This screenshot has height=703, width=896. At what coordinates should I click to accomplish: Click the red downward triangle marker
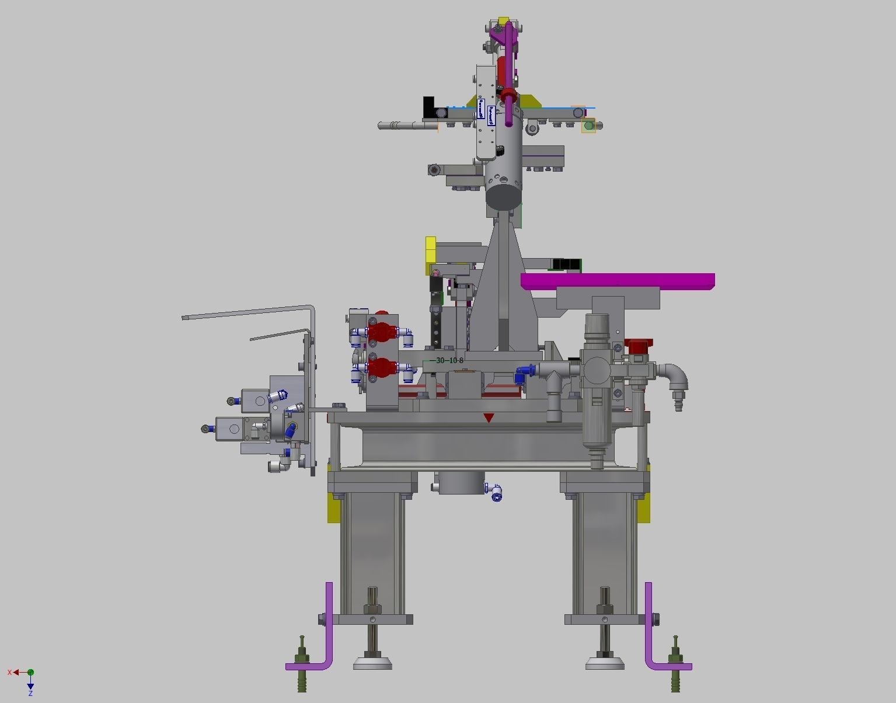click(x=489, y=417)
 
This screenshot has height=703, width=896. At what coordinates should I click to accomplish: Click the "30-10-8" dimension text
click(x=449, y=360)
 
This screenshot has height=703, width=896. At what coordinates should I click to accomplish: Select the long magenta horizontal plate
click(x=618, y=281)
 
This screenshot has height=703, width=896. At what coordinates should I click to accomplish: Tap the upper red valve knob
click(x=381, y=332)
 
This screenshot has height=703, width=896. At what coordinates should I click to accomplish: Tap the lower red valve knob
click(x=382, y=368)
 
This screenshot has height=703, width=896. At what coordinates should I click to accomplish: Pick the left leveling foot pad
click(x=372, y=663)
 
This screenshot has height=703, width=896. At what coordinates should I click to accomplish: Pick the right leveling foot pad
click(x=605, y=663)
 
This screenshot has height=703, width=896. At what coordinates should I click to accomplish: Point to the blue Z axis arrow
click(x=30, y=684)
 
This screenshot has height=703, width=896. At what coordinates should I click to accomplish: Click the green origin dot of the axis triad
click(x=30, y=673)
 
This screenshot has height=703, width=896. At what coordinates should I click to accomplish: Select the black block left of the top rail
click(x=430, y=107)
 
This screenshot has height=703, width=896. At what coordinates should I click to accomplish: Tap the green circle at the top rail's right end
click(x=588, y=125)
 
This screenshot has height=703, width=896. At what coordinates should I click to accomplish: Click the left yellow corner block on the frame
click(x=334, y=508)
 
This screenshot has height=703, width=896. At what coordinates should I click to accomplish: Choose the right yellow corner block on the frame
click(x=643, y=508)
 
